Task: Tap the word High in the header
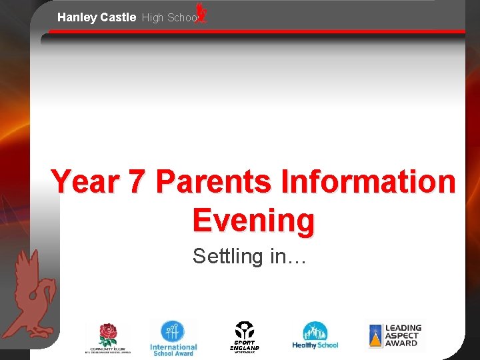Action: coord(152,18)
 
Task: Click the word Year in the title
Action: coord(87,182)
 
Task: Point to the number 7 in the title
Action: coord(138,182)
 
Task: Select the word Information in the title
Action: coord(369,182)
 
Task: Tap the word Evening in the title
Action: coord(253,220)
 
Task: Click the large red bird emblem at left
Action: coord(31,294)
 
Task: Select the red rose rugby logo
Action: coord(108,337)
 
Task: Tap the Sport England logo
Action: coord(244,337)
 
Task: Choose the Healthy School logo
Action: coord(315,336)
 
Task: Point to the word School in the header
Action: coord(181,18)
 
